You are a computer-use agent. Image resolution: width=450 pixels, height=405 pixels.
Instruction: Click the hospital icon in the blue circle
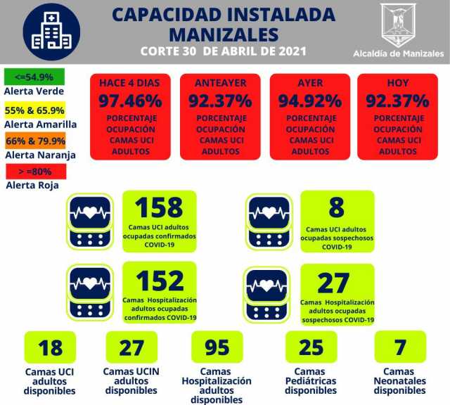tap(51, 32)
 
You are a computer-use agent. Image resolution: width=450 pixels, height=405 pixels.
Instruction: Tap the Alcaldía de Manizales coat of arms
tap(398, 25)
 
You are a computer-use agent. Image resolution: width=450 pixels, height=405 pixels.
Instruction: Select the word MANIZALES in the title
tap(223, 34)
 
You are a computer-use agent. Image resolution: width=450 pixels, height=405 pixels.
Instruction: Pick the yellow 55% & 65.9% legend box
tap(34, 110)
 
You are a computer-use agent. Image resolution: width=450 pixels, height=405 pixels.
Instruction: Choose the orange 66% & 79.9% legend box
tap(34, 140)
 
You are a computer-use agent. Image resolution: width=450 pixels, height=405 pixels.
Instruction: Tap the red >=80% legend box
tap(34, 171)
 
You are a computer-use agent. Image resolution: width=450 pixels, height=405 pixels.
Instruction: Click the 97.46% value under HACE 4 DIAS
tap(129, 101)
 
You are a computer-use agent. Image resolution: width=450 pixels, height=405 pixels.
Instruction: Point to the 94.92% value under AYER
tap(309, 101)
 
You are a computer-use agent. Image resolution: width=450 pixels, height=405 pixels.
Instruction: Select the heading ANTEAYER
tap(219, 83)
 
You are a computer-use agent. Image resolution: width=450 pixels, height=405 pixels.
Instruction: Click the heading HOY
tap(397, 83)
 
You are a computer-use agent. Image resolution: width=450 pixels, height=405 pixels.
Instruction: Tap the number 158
tap(159, 208)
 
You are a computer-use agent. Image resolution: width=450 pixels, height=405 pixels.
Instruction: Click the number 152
tap(159, 281)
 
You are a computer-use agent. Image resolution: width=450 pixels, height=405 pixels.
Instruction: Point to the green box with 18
tap(51, 347)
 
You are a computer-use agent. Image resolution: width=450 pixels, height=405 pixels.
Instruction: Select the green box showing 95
tap(217, 347)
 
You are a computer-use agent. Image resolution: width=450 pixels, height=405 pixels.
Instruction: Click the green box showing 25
tap(311, 347)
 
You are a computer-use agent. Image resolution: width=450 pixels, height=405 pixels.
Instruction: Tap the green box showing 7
tap(399, 347)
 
